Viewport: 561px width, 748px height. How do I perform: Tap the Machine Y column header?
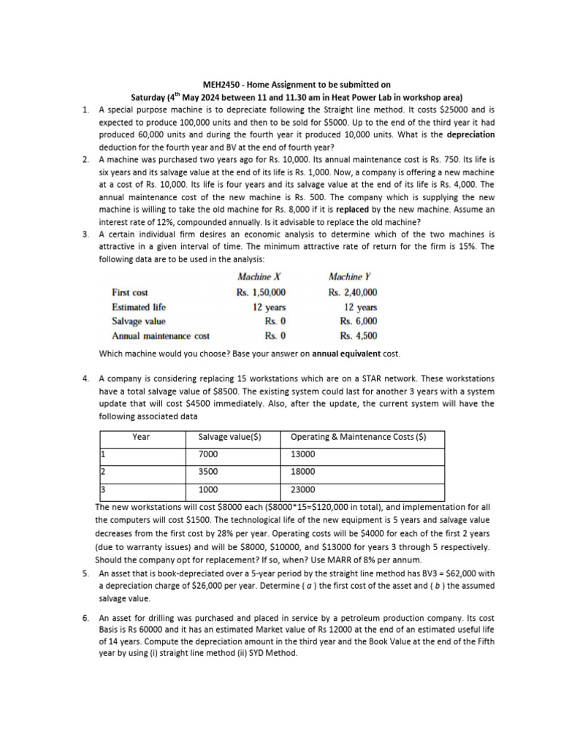[x=351, y=277]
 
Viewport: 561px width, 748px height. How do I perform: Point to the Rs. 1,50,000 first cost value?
[x=261, y=292]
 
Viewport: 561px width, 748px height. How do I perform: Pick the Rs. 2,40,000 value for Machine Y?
[x=353, y=292]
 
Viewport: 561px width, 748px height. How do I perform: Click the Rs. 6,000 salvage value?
[x=359, y=321]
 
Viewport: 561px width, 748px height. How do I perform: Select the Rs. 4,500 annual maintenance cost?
[x=359, y=336]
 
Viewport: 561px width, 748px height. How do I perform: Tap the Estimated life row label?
[x=138, y=307]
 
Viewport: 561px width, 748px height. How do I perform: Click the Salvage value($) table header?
[x=229, y=437]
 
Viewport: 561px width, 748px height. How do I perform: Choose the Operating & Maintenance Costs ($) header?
[x=358, y=437]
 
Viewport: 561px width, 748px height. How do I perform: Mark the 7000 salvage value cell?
[x=208, y=454]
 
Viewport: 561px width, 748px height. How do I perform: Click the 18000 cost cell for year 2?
[x=303, y=472]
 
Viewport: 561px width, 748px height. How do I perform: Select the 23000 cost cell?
[x=303, y=489]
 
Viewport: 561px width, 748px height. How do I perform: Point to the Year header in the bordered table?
[x=141, y=437]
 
